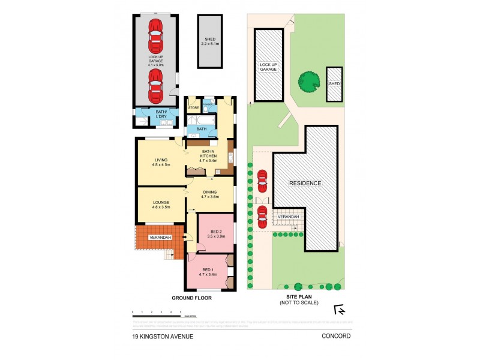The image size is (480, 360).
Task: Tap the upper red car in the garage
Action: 155,35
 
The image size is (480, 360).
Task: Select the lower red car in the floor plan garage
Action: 155,85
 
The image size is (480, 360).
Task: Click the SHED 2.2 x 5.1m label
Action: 210,41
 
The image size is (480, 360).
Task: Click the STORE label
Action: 193,107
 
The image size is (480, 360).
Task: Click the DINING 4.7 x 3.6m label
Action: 210,194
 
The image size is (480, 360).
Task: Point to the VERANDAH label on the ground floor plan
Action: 160,238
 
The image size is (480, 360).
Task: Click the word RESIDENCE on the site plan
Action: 305,183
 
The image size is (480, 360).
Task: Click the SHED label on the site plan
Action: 334,83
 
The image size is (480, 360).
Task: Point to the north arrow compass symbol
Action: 339,310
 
